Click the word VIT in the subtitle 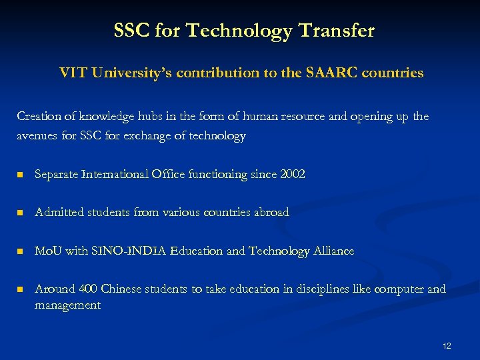(73, 73)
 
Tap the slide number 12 (447, 345)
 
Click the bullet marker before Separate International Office (21, 175)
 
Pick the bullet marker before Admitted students (21, 213)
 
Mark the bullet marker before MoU (21, 251)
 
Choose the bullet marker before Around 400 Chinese (21, 289)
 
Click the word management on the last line (67, 305)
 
